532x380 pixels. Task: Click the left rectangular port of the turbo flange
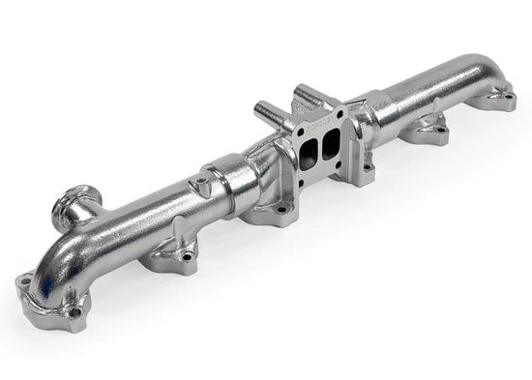point(307,156)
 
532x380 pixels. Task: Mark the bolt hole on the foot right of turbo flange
point(367,167)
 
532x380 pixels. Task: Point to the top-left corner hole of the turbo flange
point(293,136)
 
